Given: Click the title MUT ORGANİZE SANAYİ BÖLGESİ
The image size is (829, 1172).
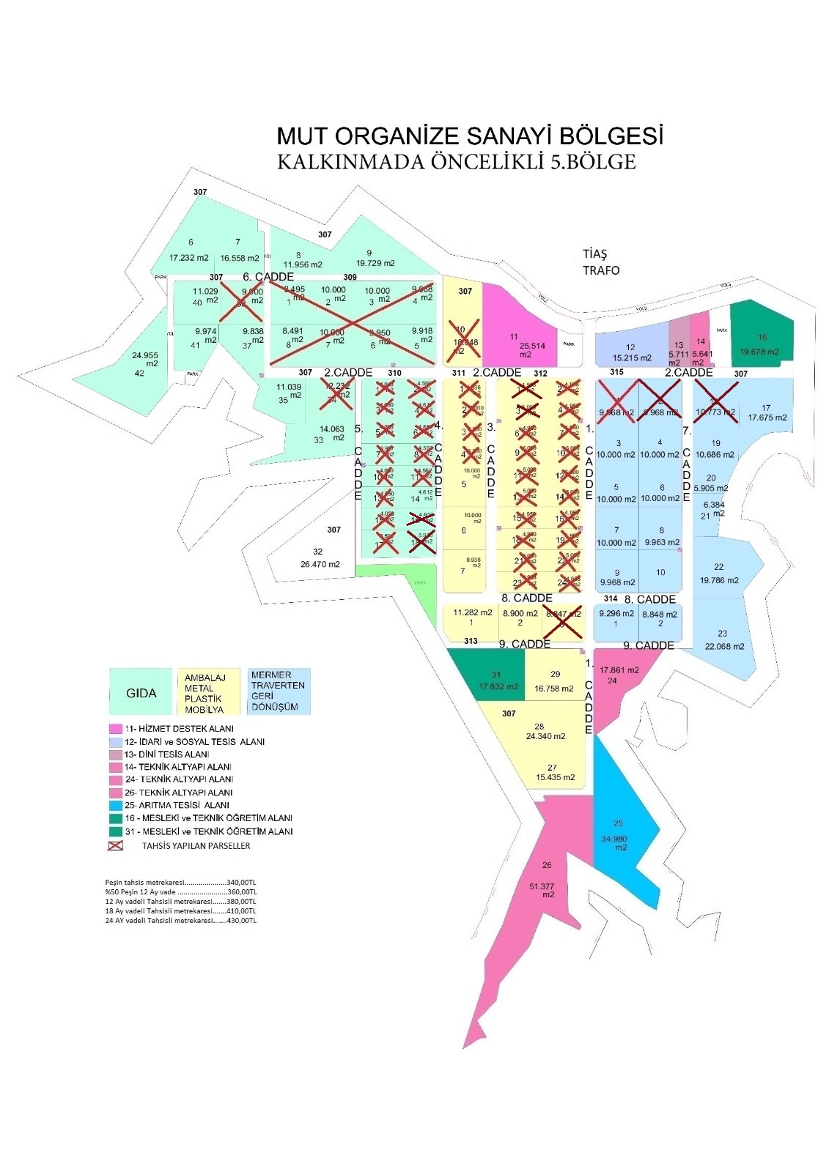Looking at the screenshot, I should tap(469, 136).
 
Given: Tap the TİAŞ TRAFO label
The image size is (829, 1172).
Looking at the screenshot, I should tap(600, 262).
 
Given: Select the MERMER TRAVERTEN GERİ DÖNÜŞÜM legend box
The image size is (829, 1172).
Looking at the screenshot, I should tap(278, 691).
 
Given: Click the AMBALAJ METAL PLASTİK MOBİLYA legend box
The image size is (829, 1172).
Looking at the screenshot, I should tap(208, 693).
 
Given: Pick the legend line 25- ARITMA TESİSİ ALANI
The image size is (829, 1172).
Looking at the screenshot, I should tap(177, 805).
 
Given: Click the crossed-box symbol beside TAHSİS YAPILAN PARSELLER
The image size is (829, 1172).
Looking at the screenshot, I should tap(115, 845).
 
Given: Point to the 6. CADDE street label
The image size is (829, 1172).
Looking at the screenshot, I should tap(268, 277).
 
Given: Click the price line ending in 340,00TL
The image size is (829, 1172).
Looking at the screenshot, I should tap(180, 882).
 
